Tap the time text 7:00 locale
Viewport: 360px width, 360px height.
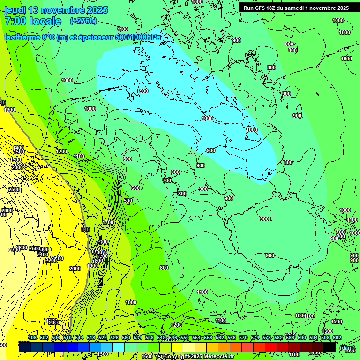tap(33, 21)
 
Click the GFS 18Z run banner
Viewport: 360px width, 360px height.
tap(296, 8)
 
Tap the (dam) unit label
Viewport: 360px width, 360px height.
tap(347, 348)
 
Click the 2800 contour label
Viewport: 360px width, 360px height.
tap(7, 211)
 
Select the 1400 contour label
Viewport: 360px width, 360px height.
tap(18, 148)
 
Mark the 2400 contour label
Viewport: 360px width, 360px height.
tap(43, 255)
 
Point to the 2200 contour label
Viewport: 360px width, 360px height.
tap(51, 260)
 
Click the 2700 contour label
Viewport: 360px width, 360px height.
tap(14, 250)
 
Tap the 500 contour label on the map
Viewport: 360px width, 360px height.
tap(128, 201)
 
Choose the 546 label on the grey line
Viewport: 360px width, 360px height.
tap(85, 229)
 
